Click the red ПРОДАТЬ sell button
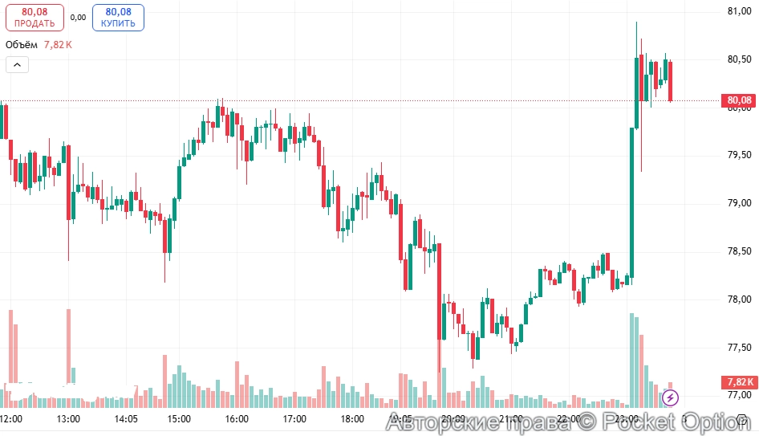pos(34,17)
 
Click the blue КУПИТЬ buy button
pos(118,17)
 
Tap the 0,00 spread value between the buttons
pos(78,17)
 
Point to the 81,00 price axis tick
pos(738,11)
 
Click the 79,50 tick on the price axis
pos(738,154)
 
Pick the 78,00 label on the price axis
pos(738,299)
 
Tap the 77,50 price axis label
pos(738,348)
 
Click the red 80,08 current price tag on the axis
pos(739,100)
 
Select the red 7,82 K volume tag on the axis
pos(739,381)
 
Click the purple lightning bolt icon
pos(671,397)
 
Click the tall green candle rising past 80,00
pos(632,201)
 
